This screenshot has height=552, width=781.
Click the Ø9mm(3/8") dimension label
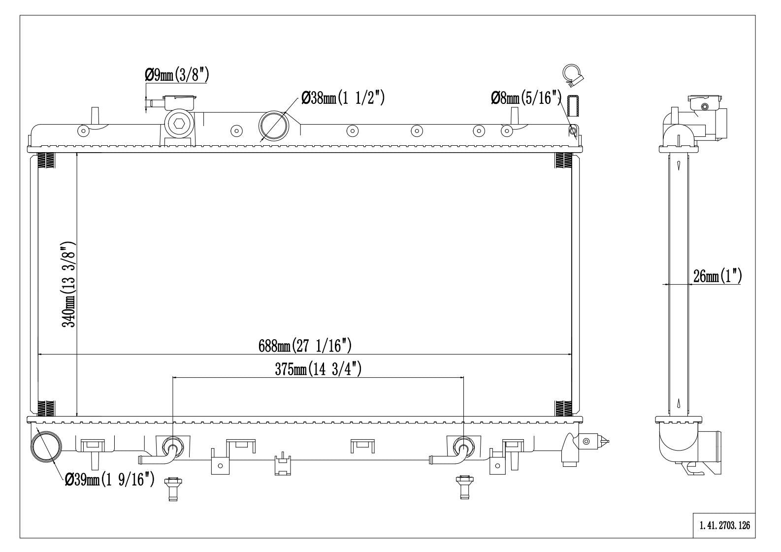[177, 75]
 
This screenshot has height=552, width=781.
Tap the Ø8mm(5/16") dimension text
[526, 98]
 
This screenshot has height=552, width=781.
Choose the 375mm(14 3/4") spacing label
[318, 369]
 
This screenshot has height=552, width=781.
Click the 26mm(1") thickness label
[716, 276]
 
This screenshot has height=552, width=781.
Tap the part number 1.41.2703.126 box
[724, 526]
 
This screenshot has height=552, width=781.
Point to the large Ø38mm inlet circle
[273, 125]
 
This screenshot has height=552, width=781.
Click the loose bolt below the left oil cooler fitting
[172, 488]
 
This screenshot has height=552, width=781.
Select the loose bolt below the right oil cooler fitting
[462, 487]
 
